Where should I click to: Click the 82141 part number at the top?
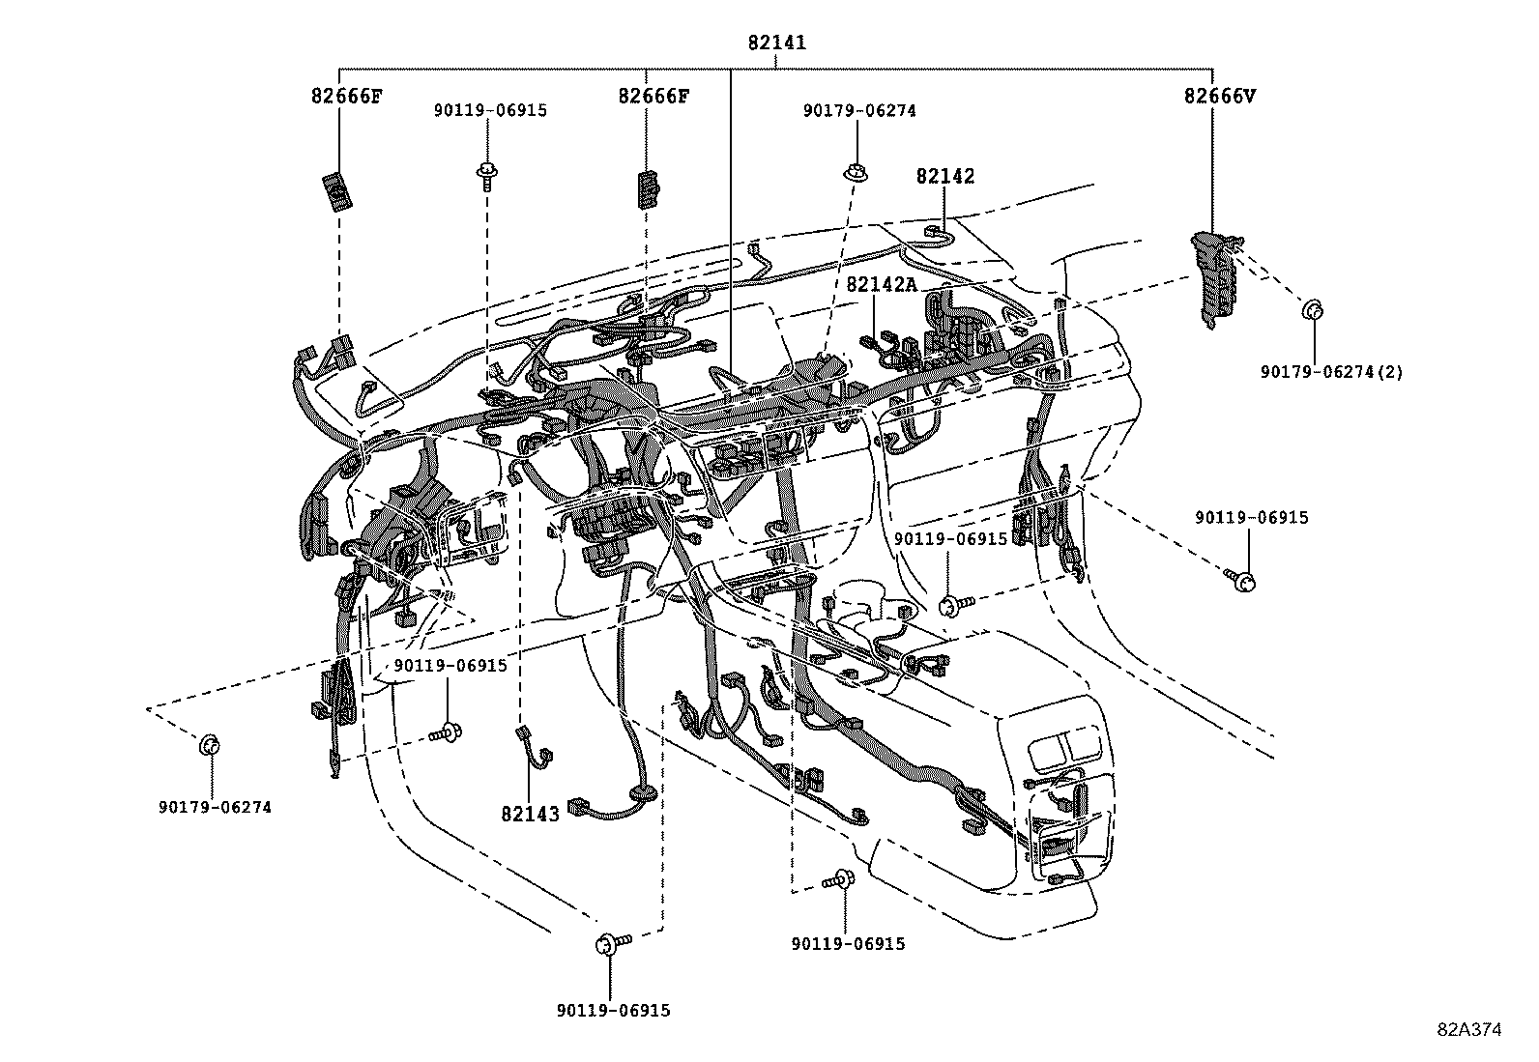(x=776, y=43)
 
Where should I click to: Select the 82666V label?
(x=1220, y=97)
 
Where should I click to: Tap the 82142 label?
(x=944, y=177)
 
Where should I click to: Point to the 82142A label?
(x=882, y=284)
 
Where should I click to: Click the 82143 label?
(x=531, y=814)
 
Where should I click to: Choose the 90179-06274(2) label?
(x=1331, y=372)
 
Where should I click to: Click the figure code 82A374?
(x=1469, y=1030)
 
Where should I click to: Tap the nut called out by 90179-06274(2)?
(x=1313, y=310)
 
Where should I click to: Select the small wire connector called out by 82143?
(x=536, y=747)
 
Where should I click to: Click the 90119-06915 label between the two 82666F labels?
(x=490, y=110)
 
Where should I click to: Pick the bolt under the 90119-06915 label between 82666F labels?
(x=486, y=175)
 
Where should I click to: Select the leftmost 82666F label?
(x=347, y=97)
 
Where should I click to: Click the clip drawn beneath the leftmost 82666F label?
(x=337, y=191)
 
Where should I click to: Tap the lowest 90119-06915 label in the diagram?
(x=614, y=1011)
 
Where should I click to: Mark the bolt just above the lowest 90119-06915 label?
(x=612, y=943)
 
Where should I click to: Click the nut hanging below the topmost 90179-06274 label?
(x=857, y=172)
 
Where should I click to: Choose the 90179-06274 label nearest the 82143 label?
(x=215, y=807)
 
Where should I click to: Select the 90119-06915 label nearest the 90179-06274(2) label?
(x=1252, y=518)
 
